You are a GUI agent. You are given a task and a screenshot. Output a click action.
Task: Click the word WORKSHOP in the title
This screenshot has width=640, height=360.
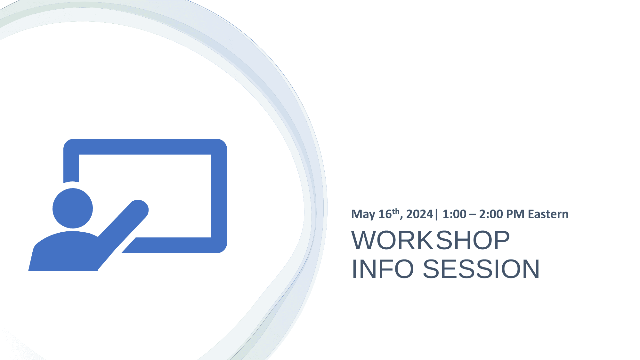tap(430, 240)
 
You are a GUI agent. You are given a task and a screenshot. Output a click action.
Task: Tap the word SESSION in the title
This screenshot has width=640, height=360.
tap(481, 269)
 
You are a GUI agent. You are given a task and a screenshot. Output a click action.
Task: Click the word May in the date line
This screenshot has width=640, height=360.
tap(363, 214)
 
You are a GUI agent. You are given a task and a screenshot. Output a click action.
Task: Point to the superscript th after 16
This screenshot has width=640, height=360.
tap(396, 211)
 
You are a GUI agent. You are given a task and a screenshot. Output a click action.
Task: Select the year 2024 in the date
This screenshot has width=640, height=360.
tap(420, 214)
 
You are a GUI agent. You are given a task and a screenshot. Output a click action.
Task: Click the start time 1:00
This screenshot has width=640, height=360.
tap(454, 214)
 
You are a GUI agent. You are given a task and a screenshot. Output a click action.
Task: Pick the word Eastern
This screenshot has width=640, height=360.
tap(548, 214)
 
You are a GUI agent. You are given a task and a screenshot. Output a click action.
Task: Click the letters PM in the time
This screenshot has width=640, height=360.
tap(515, 214)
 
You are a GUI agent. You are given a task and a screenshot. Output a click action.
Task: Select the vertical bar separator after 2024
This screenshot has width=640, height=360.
tap(436, 214)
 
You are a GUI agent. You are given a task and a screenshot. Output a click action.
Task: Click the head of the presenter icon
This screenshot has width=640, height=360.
tap(73, 208)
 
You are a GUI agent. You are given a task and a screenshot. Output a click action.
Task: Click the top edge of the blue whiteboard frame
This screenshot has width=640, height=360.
tap(145, 147)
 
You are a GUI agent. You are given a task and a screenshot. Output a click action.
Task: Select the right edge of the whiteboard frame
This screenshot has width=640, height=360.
tap(219, 196)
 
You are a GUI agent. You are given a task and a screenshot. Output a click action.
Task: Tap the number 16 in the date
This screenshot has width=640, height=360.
tap(385, 214)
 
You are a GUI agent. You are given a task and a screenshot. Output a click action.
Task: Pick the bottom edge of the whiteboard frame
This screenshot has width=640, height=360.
tap(174, 245)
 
